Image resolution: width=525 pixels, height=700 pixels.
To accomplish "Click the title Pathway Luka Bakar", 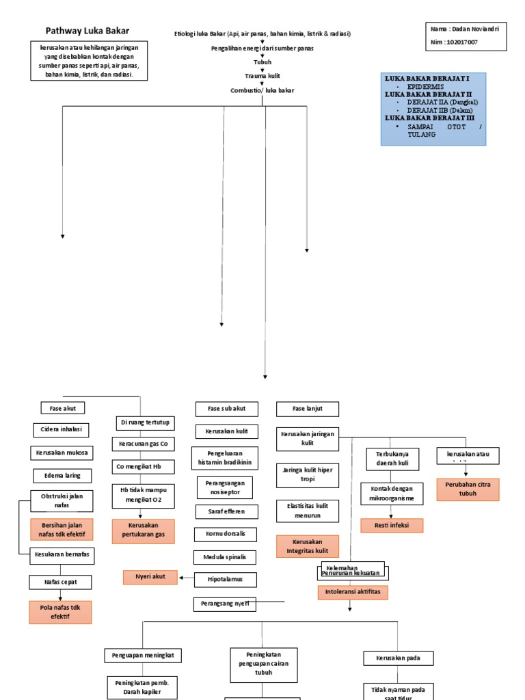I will point(87,31).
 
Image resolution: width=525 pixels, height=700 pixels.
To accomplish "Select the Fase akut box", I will point(63,408).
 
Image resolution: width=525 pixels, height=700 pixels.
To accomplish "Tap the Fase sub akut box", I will point(226,409).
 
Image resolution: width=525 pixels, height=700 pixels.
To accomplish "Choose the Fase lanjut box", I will point(307,409).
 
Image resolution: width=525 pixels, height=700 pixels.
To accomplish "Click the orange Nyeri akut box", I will point(150,578).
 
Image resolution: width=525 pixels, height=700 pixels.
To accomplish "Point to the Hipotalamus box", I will point(226,580).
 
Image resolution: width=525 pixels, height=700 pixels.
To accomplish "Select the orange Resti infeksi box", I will point(392,526).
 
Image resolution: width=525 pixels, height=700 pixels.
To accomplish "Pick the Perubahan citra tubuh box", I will point(468,489).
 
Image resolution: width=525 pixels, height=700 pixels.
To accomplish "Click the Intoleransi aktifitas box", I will point(353,593).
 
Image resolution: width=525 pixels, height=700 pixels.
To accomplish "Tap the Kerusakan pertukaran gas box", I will point(143,531).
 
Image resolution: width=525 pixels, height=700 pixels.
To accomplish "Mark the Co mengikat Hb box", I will point(144,467).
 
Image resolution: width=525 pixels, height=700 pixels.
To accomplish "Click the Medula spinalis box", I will point(226,557).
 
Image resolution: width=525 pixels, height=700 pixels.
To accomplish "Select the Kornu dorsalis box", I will point(226,534).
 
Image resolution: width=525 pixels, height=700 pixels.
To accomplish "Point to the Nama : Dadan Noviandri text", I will point(465,29).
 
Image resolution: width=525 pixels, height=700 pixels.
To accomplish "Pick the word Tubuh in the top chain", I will point(262,62).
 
